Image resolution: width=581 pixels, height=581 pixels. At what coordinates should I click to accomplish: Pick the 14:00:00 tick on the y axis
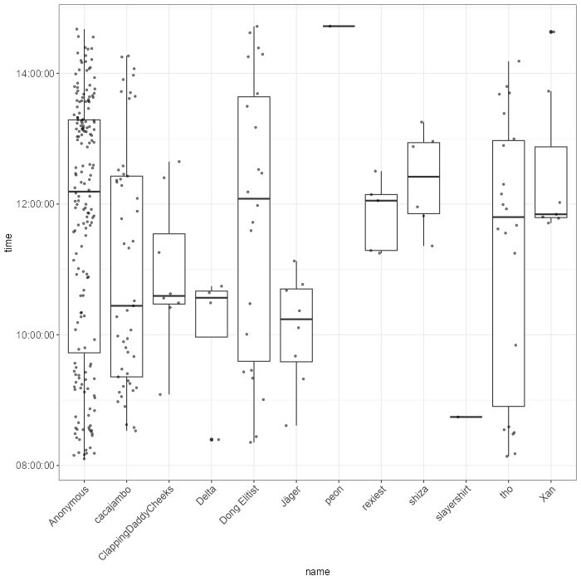(x=35, y=73)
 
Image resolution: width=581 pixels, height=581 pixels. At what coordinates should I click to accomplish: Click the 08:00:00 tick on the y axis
(x=35, y=465)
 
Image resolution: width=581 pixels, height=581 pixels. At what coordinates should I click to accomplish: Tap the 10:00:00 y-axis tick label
(x=35, y=334)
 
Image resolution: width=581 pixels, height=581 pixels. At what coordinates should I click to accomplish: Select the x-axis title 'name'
(x=317, y=571)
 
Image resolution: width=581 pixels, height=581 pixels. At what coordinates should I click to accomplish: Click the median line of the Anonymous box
(x=84, y=192)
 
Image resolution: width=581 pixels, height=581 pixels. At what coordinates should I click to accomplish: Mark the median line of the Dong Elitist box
(x=253, y=198)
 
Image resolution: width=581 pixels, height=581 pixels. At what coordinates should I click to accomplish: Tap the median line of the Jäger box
(x=295, y=319)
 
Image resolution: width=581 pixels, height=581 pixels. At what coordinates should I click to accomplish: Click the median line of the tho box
(x=507, y=217)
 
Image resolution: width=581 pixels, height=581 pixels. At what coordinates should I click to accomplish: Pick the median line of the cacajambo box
(x=126, y=305)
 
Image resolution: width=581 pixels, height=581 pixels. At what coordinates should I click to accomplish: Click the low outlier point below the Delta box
(x=211, y=439)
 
